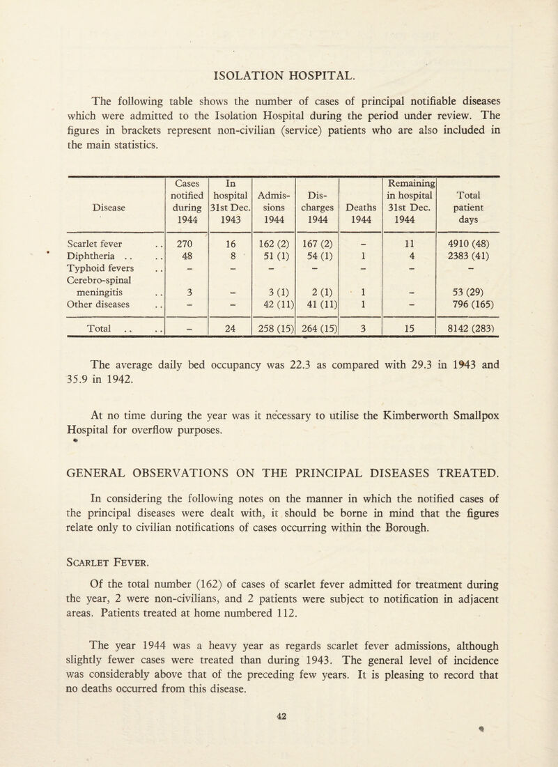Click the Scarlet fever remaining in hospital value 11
coord(412,245)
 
